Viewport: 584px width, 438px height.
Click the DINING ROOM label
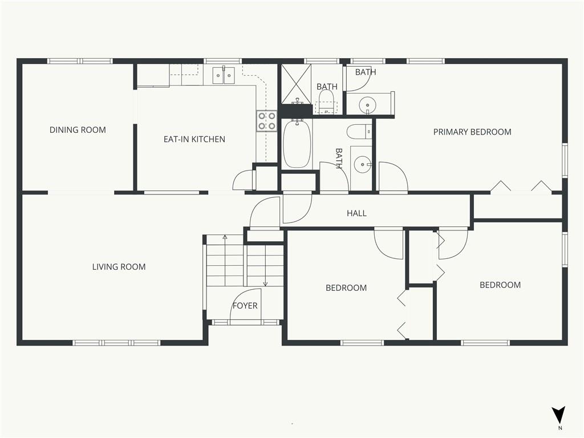click(78, 130)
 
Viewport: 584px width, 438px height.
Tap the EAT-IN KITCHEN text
click(194, 139)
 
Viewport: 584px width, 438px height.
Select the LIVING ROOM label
click(119, 267)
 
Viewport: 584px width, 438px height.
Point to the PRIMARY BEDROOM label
click(472, 132)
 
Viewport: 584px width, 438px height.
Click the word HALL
click(356, 213)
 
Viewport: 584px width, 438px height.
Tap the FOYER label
click(245, 306)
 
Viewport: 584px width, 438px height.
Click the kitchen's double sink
click(224, 75)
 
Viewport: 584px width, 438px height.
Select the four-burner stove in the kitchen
click(267, 121)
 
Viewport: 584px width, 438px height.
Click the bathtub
click(297, 143)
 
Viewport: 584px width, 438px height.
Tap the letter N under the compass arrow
click(560, 428)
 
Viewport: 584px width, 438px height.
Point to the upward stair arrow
click(225, 260)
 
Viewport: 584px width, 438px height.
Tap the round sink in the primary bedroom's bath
click(368, 103)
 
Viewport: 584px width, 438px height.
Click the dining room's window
click(80, 61)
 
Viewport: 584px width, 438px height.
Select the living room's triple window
click(116, 343)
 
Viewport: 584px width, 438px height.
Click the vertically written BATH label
click(339, 159)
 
